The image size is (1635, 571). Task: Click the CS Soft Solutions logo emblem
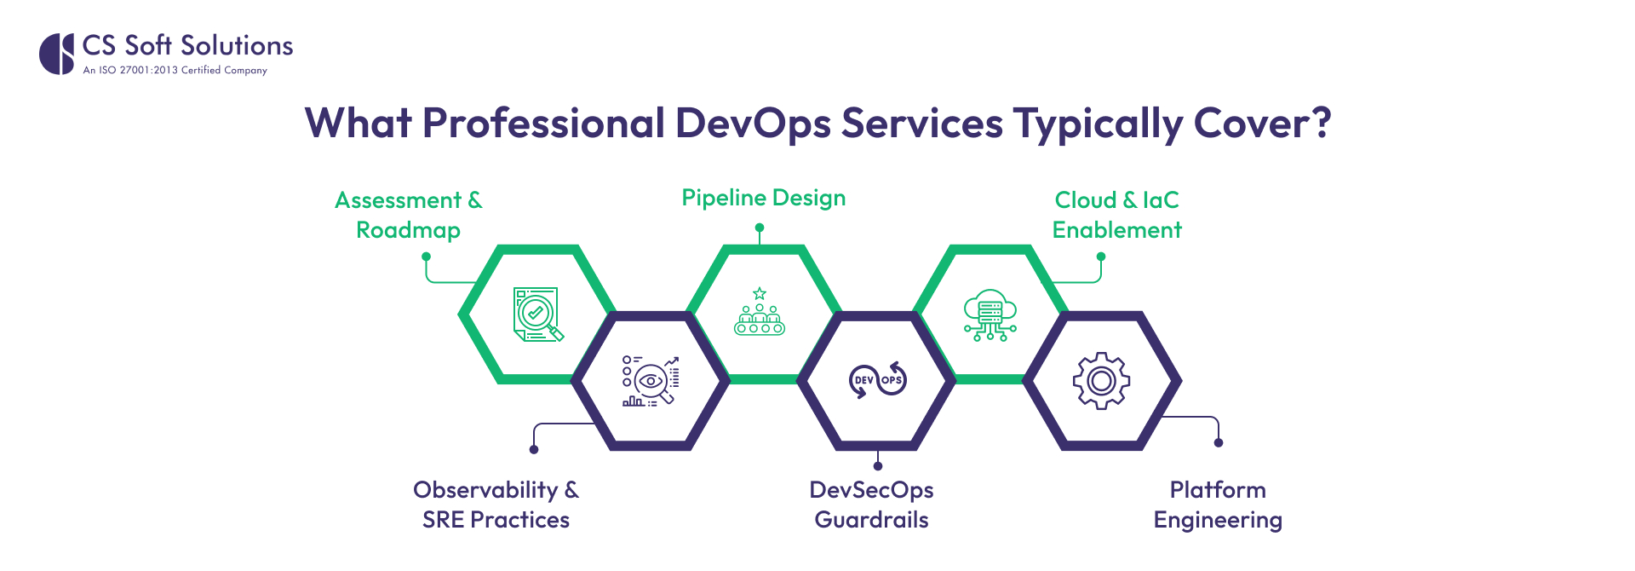click(x=57, y=54)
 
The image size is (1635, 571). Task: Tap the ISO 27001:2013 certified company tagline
click(x=175, y=71)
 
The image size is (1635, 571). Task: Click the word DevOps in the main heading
click(x=753, y=124)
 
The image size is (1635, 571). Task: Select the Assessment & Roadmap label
click(x=409, y=215)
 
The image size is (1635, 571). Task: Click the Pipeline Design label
click(x=763, y=198)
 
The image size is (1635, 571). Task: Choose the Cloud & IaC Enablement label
click(x=1116, y=215)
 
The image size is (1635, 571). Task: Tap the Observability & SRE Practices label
click(x=496, y=505)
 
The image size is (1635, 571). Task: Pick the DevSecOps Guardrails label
click(x=871, y=505)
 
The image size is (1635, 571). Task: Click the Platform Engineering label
click(x=1218, y=505)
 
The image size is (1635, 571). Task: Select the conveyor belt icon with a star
click(x=759, y=312)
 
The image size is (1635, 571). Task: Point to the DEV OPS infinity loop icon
click(x=878, y=380)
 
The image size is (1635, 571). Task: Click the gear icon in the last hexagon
click(x=1101, y=381)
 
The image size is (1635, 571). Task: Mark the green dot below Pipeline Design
click(x=760, y=228)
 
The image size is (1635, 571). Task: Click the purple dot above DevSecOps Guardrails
click(x=878, y=466)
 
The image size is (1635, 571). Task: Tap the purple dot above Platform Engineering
click(x=1219, y=442)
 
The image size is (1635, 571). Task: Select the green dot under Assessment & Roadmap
click(x=426, y=256)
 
